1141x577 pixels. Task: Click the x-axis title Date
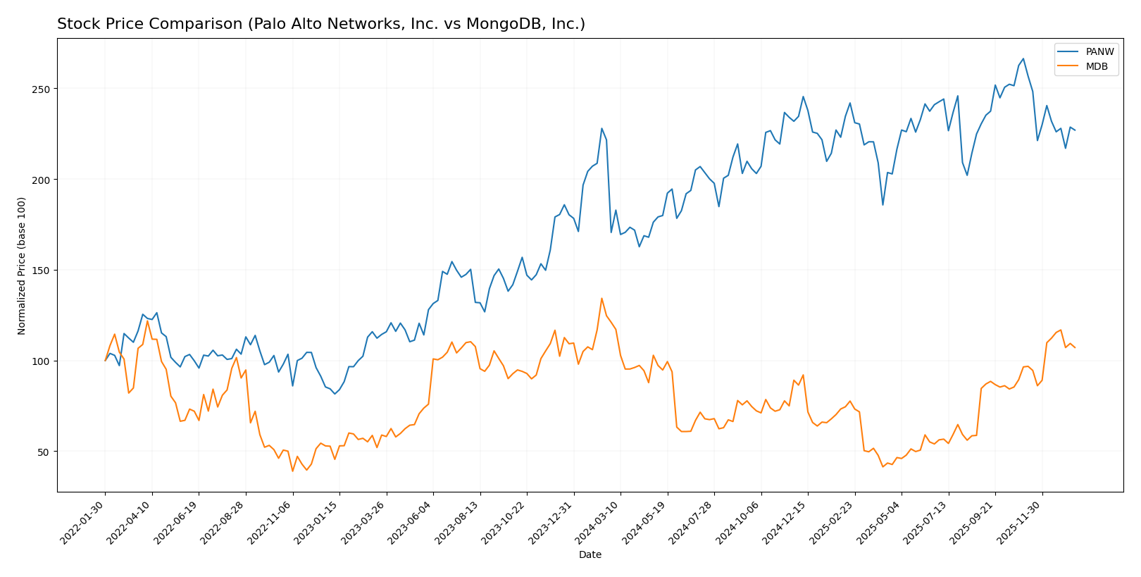point(590,555)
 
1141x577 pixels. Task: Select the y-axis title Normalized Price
point(22,266)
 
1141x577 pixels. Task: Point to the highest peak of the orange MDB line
point(601,298)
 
